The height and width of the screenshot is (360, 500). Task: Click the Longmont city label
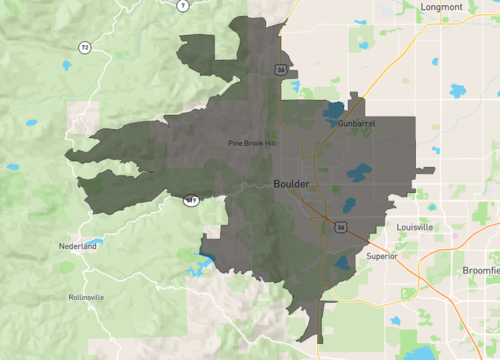coord(442,7)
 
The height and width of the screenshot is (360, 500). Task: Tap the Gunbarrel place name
coord(356,123)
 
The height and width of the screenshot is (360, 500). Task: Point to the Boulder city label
coord(291,184)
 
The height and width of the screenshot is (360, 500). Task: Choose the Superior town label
coord(381,256)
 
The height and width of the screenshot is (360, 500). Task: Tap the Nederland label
coord(78,245)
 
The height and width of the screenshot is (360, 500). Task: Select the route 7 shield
coord(183,5)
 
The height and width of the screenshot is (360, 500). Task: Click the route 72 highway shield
coord(85,47)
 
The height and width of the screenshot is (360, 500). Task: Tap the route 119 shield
coord(189,201)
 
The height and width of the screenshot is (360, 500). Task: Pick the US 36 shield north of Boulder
coord(282,69)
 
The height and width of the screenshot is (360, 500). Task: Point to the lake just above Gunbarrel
coord(334,111)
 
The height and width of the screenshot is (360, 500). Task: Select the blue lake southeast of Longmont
coord(458,91)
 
